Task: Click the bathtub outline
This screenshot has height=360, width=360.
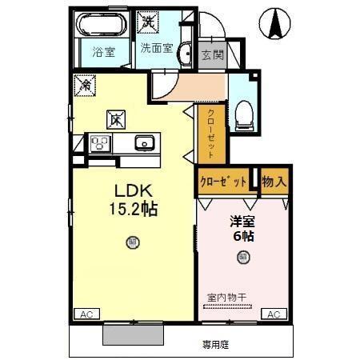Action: point(100,25)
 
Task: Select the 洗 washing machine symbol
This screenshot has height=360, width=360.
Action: point(148,20)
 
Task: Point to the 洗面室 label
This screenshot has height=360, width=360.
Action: point(158,48)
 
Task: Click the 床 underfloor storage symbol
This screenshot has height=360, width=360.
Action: point(114,119)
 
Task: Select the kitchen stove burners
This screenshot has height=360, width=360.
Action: point(101,145)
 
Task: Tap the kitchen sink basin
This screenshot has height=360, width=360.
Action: point(145,144)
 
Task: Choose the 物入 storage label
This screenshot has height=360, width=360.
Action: point(274,182)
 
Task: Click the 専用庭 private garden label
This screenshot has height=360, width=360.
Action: point(214,346)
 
